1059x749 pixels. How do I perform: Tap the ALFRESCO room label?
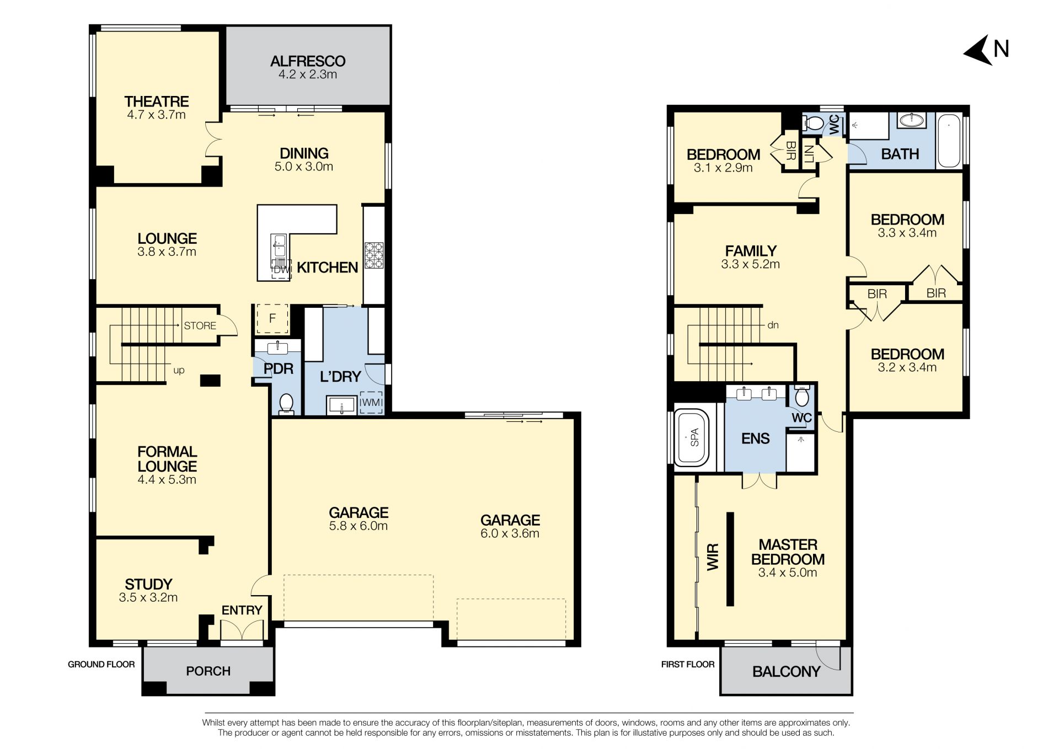[x=308, y=61]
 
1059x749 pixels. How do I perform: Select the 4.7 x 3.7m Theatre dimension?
[x=157, y=115]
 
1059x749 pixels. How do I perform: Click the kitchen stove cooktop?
[x=374, y=255]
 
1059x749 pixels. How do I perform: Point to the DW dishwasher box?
[x=281, y=269]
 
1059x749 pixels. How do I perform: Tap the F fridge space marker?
[x=272, y=319]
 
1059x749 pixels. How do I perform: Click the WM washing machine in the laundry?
[x=371, y=402]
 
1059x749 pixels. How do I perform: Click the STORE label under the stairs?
[x=200, y=326]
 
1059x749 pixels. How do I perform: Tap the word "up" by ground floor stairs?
[x=179, y=370]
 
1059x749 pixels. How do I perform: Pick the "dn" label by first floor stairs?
[x=773, y=325]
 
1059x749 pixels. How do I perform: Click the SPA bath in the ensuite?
[x=694, y=437]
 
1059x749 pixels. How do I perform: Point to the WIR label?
[x=713, y=557]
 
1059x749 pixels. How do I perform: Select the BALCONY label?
[x=786, y=672]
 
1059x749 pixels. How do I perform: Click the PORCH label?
[x=208, y=671]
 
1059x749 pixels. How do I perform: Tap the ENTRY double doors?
[x=242, y=630]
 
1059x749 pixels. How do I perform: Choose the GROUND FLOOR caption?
[x=101, y=665]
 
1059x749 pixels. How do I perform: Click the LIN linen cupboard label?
[x=809, y=153]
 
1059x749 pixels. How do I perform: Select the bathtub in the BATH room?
[x=949, y=141]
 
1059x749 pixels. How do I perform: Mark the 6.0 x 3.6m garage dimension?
[x=510, y=533]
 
